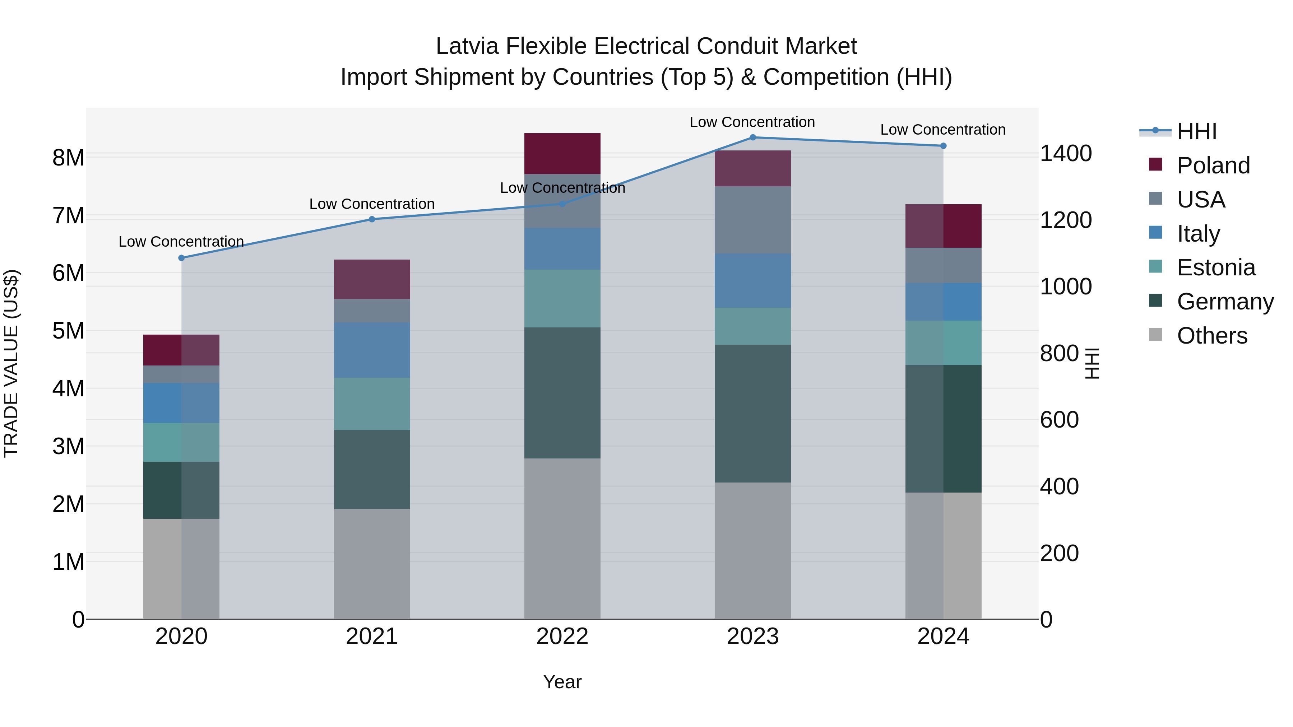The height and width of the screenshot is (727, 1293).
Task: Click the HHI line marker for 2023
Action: tap(752, 138)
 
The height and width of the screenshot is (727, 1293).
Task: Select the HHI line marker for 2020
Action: tap(181, 258)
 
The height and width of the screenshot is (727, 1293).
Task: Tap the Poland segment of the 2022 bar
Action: tap(562, 154)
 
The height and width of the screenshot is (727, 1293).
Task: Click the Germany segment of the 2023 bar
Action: tap(752, 414)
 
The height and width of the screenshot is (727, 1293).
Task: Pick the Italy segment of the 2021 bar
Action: tap(372, 350)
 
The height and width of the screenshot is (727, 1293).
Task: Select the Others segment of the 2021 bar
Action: tap(372, 564)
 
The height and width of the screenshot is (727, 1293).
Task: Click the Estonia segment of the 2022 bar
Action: tap(562, 299)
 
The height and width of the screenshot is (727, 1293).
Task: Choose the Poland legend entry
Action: tap(1213, 166)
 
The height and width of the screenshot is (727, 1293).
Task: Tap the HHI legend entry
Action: tap(1196, 131)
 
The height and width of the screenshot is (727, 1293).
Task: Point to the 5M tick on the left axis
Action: tap(68, 331)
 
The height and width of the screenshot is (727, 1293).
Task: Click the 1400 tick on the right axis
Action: tap(1065, 154)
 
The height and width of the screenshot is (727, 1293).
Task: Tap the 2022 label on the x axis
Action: tap(562, 637)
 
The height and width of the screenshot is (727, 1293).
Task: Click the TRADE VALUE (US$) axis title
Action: tap(11, 363)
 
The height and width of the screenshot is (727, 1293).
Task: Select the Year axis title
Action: tap(562, 682)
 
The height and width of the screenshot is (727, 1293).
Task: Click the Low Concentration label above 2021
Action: tap(372, 204)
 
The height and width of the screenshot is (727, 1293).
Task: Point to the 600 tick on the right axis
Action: tap(1059, 420)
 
